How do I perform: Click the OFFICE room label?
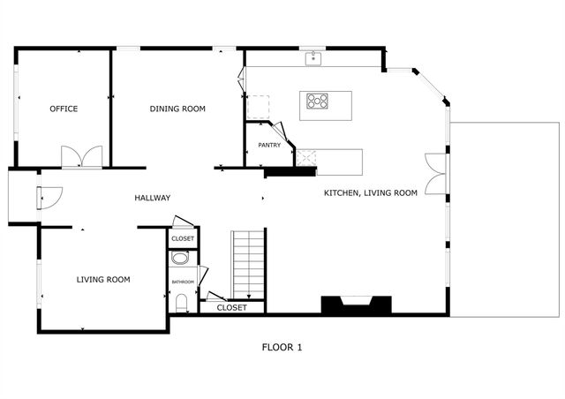coord(64,109)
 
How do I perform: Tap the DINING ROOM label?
coord(177,109)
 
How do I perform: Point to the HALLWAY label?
coord(153,198)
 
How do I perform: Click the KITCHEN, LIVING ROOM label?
coord(370,192)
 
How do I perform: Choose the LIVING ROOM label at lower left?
coord(103,280)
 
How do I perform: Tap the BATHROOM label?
coord(183,282)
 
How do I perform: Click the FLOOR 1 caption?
coord(282,347)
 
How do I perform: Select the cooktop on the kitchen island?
coord(317,101)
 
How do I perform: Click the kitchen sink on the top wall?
coord(313,59)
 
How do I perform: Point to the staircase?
coord(248,265)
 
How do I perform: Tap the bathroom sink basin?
coord(180,260)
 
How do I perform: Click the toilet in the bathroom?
coord(182,304)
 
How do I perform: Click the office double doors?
coord(81,158)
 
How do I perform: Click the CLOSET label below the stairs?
coord(232,308)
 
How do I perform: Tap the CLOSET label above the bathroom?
coord(183,238)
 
